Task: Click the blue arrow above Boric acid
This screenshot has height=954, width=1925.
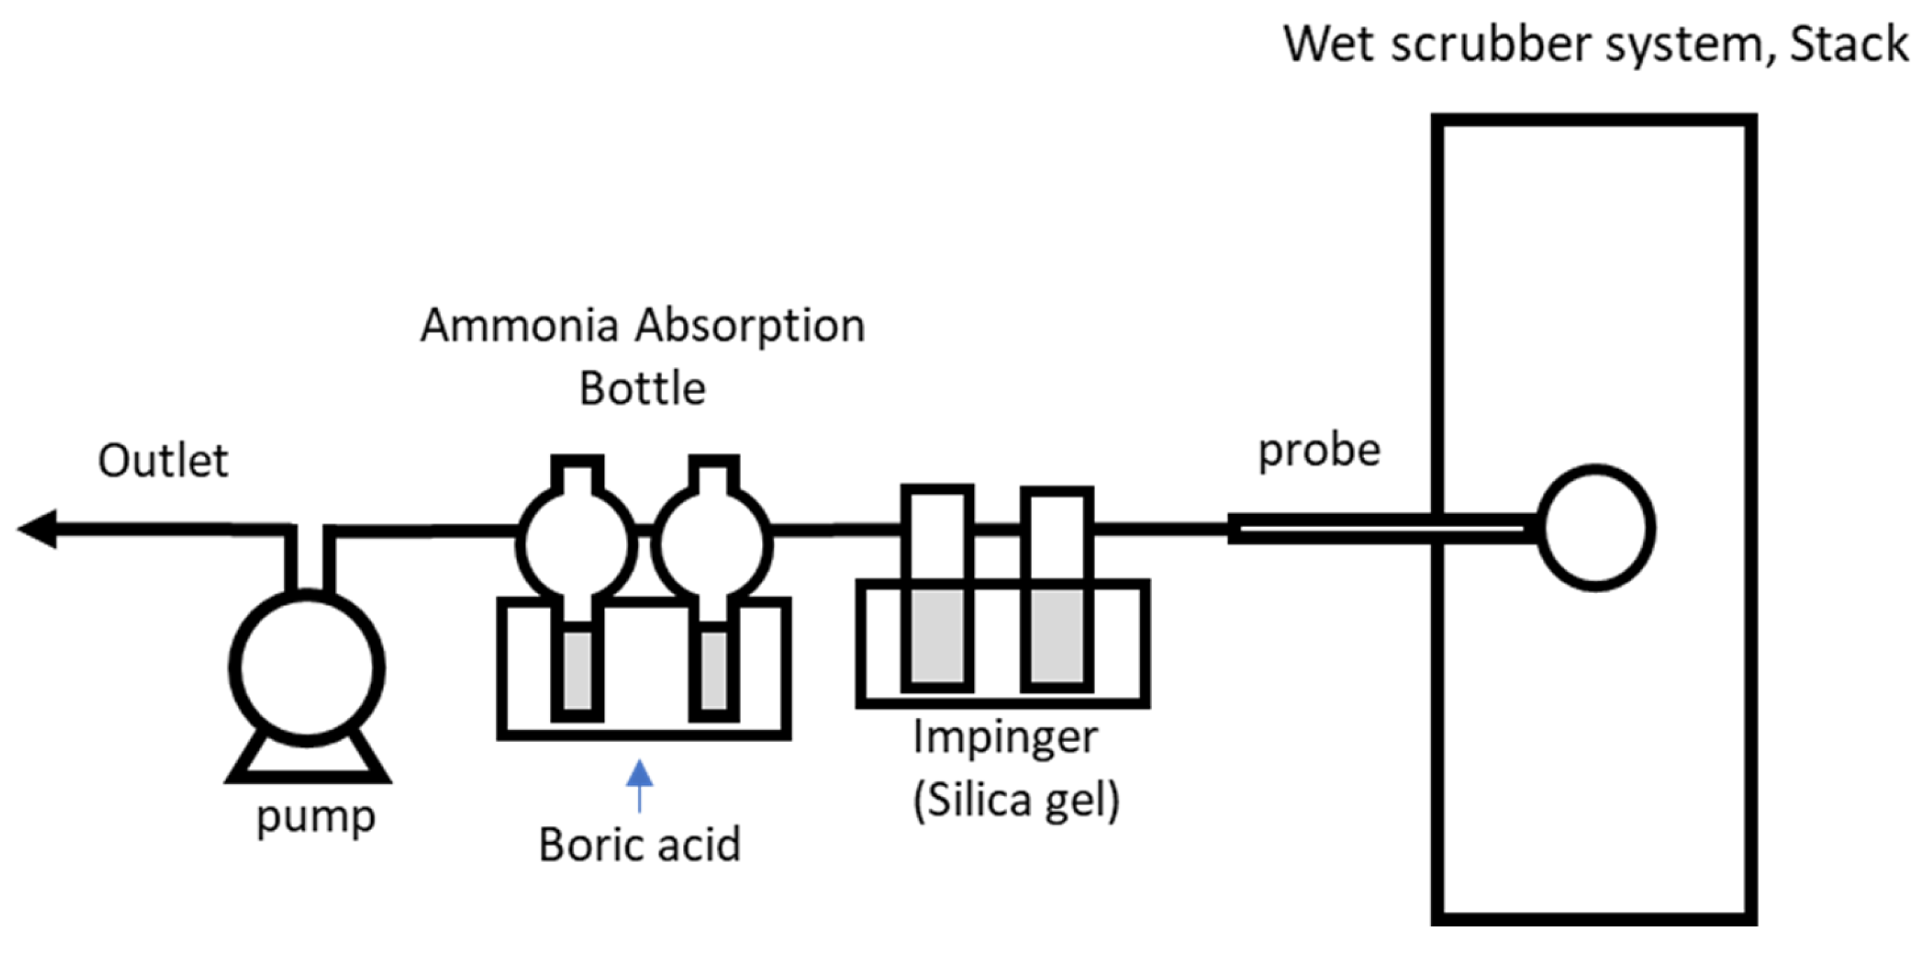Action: point(639,781)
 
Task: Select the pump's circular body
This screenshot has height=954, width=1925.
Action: point(306,668)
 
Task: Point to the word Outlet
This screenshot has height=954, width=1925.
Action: point(163,461)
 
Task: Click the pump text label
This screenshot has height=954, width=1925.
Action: point(316,818)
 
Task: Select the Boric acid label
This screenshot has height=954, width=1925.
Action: point(639,845)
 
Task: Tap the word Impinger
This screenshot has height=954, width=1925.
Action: point(1005,737)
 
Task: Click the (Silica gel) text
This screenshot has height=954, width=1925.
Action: point(1016,800)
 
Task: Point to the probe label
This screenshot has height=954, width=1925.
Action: point(1319,451)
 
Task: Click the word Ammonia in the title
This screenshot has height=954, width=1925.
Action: point(519,326)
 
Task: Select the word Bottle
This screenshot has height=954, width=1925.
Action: point(642,388)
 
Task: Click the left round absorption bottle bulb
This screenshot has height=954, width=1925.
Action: point(576,545)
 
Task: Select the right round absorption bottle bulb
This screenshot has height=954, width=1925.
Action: point(713,545)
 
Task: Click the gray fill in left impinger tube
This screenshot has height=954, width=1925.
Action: point(937,636)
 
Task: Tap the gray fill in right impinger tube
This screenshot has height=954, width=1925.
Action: point(1057,636)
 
